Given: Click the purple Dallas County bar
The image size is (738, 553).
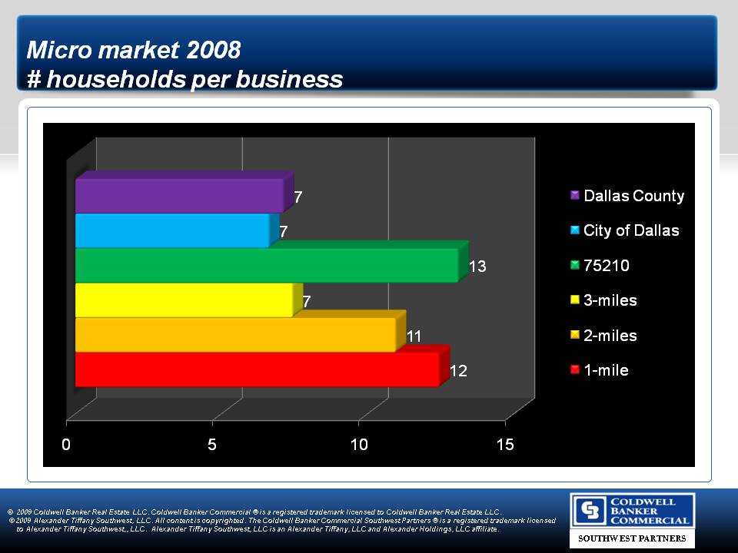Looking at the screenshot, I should (x=180, y=195).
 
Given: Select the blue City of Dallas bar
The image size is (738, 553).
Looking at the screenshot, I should (x=172, y=230).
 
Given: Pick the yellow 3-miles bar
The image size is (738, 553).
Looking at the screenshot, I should (x=184, y=300).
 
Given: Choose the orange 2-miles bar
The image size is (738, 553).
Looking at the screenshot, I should (x=235, y=335).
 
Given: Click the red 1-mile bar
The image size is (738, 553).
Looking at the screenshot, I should (x=257, y=369).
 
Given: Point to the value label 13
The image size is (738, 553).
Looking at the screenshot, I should (x=477, y=267).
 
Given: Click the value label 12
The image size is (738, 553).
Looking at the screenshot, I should (x=458, y=371).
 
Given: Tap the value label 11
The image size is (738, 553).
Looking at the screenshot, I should (x=414, y=336).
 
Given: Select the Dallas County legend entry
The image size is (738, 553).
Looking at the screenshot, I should (x=627, y=196).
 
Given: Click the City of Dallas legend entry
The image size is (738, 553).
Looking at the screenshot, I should (x=624, y=230).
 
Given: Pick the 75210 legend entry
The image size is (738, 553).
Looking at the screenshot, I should (x=600, y=266).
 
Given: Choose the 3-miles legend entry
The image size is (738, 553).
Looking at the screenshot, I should (x=603, y=300).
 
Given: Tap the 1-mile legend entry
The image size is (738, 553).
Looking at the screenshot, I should (x=599, y=370).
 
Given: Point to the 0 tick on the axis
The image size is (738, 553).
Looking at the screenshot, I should (x=67, y=445).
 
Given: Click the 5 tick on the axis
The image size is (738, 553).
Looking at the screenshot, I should (x=213, y=445).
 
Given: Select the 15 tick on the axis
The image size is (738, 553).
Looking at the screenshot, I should (x=505, y=445).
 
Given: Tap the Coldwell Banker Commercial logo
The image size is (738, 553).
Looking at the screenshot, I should (x=632, y=510).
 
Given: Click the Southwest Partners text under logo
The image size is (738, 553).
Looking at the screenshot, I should (x=632, y=539).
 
